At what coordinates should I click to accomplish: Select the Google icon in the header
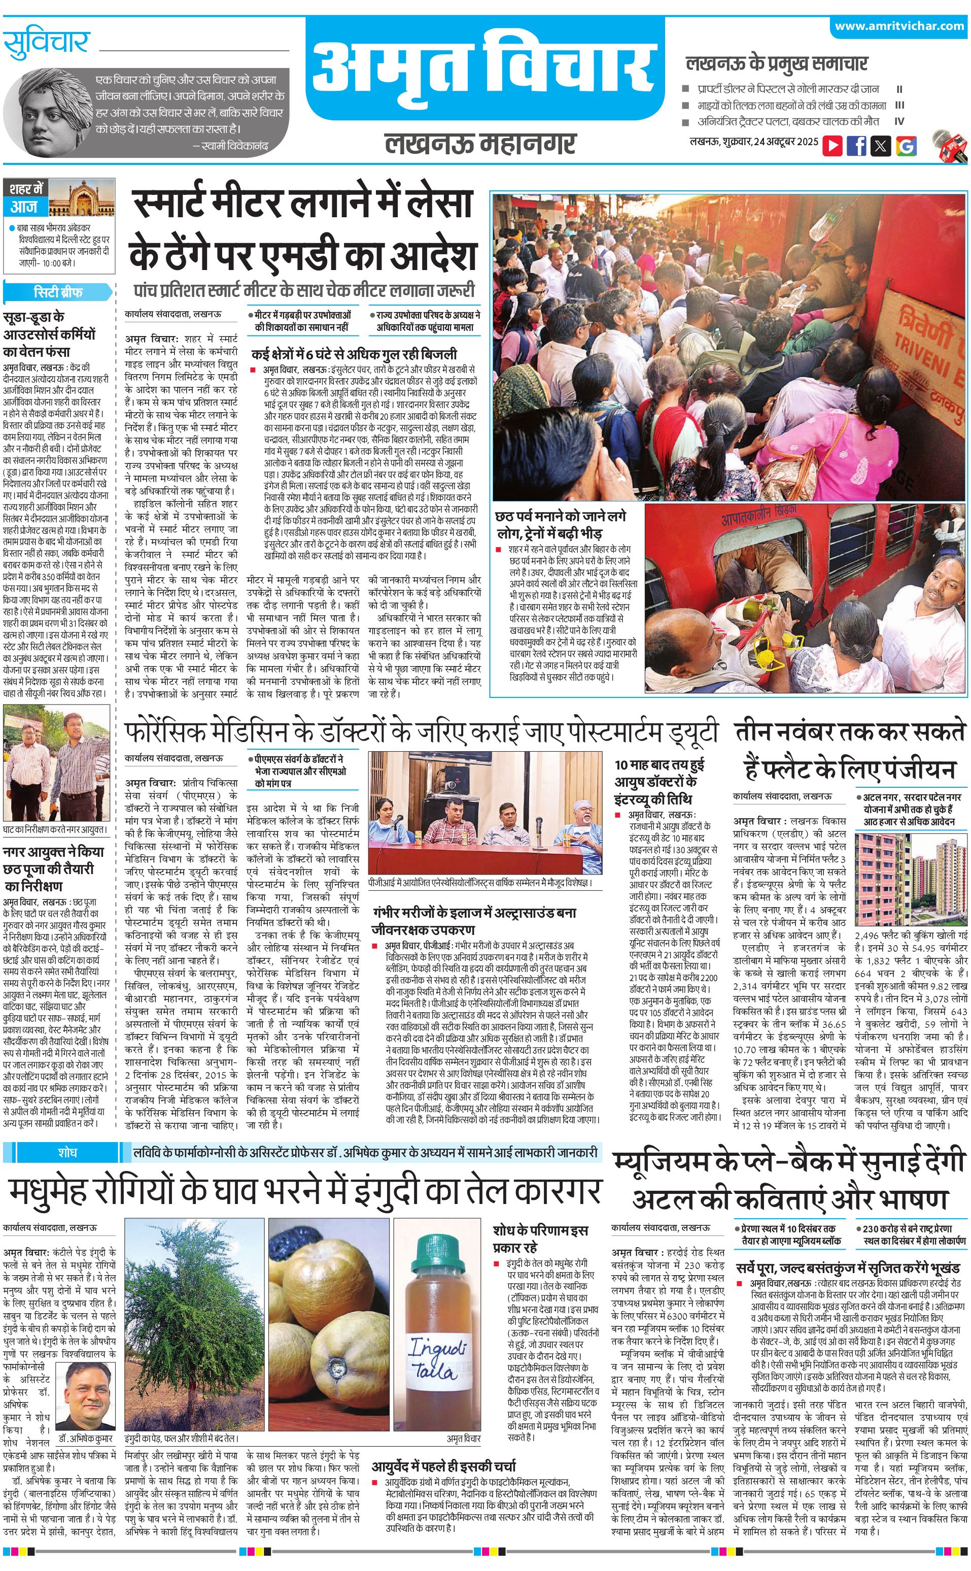pos(906,146)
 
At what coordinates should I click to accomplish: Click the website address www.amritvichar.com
pos(899,26)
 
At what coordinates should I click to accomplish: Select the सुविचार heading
pos(46,43)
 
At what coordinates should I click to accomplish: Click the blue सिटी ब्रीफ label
pos(58,292)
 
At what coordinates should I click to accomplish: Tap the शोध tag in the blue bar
pos(67,1151)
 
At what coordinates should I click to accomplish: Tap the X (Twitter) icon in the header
pos(881,146)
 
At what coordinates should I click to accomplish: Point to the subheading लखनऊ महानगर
pos(480,143)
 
